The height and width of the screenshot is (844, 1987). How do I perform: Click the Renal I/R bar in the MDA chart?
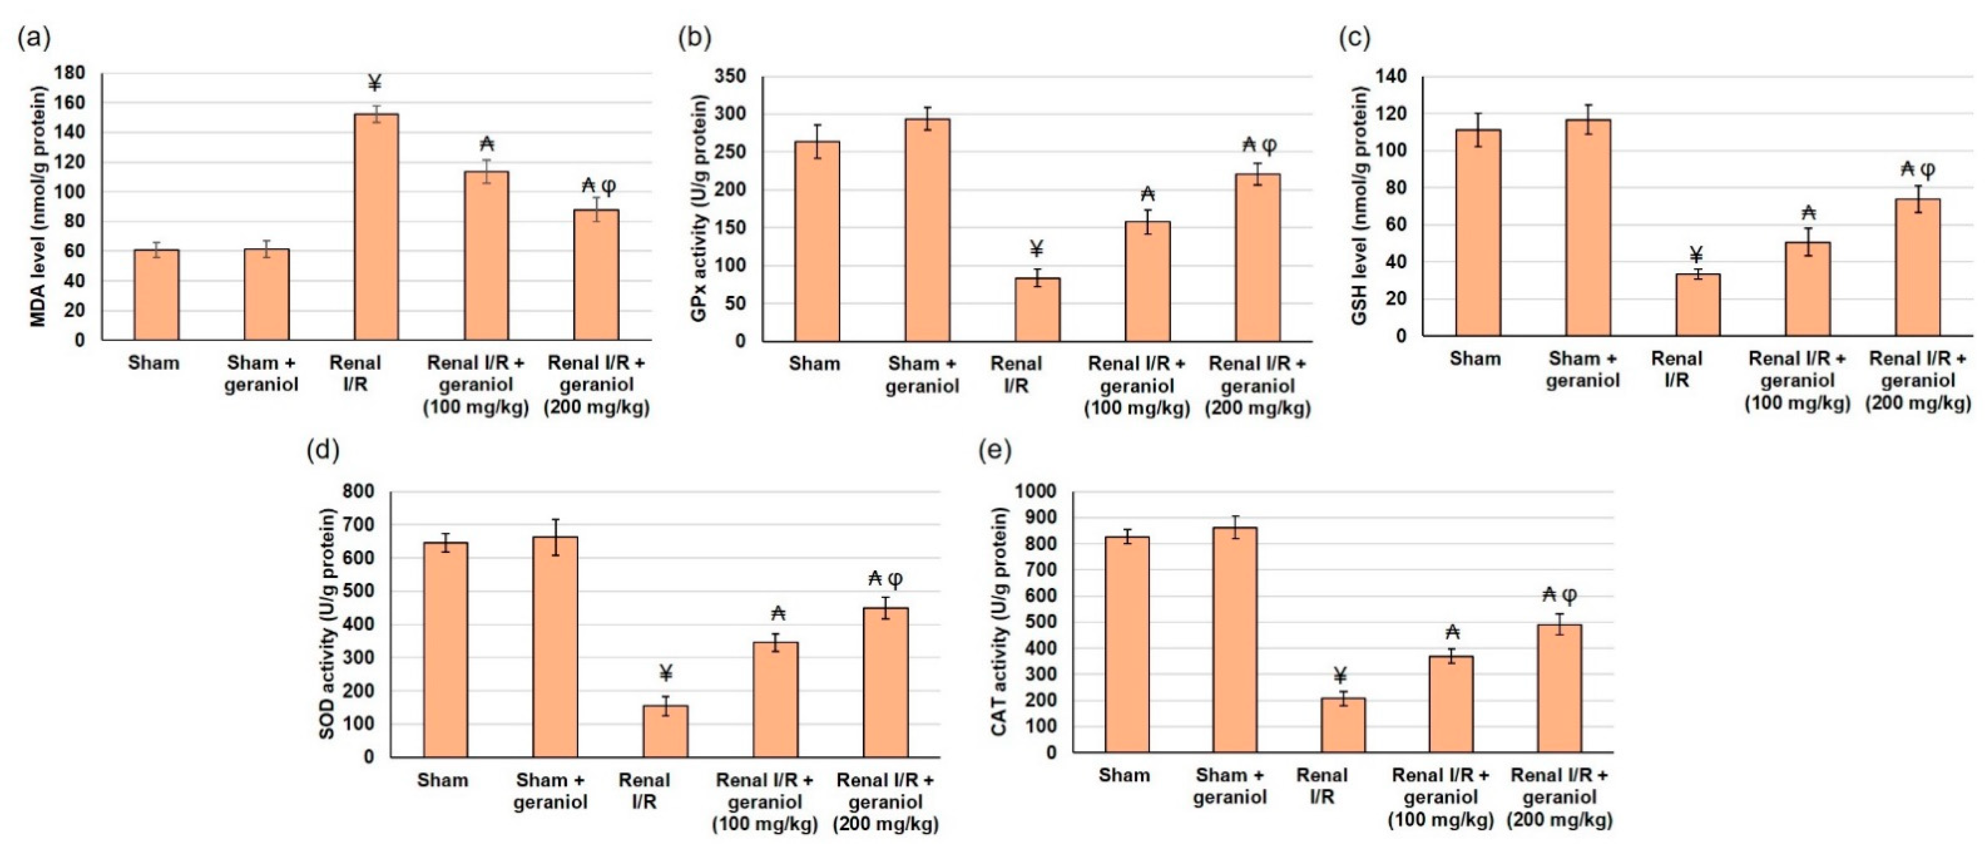[376, 227]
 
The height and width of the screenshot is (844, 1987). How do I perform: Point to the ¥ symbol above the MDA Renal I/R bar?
[375, 83]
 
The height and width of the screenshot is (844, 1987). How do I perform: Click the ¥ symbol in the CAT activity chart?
[1340, 676]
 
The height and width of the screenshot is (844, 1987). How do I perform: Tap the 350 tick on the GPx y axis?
[730, 76]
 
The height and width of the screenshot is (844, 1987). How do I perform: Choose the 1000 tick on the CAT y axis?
[1035, 491]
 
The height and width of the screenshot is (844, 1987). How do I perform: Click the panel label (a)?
[34, 37]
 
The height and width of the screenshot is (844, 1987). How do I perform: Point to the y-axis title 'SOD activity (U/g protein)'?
[327, 624]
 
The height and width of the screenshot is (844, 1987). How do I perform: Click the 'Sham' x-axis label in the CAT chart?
[1124, 775]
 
